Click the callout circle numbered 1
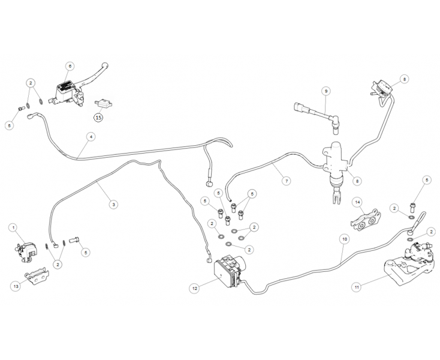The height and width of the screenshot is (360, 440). click(x=13, y=227)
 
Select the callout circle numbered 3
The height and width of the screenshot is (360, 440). click(x=114, y=204)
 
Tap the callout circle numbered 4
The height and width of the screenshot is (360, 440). click(x=91, y=137)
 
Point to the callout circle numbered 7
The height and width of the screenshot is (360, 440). click(x=286, y=181)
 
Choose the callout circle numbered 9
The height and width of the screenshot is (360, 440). click(x=327, y=91)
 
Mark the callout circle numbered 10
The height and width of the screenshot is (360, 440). click(x=344, y=238)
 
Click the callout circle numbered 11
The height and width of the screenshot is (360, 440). click(x=357, y=287)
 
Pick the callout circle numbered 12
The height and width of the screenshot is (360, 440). click(x=195, y=288)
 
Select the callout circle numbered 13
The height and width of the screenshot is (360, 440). click(x=16, y=286)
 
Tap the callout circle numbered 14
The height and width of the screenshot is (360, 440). click(x=357, y=202)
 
